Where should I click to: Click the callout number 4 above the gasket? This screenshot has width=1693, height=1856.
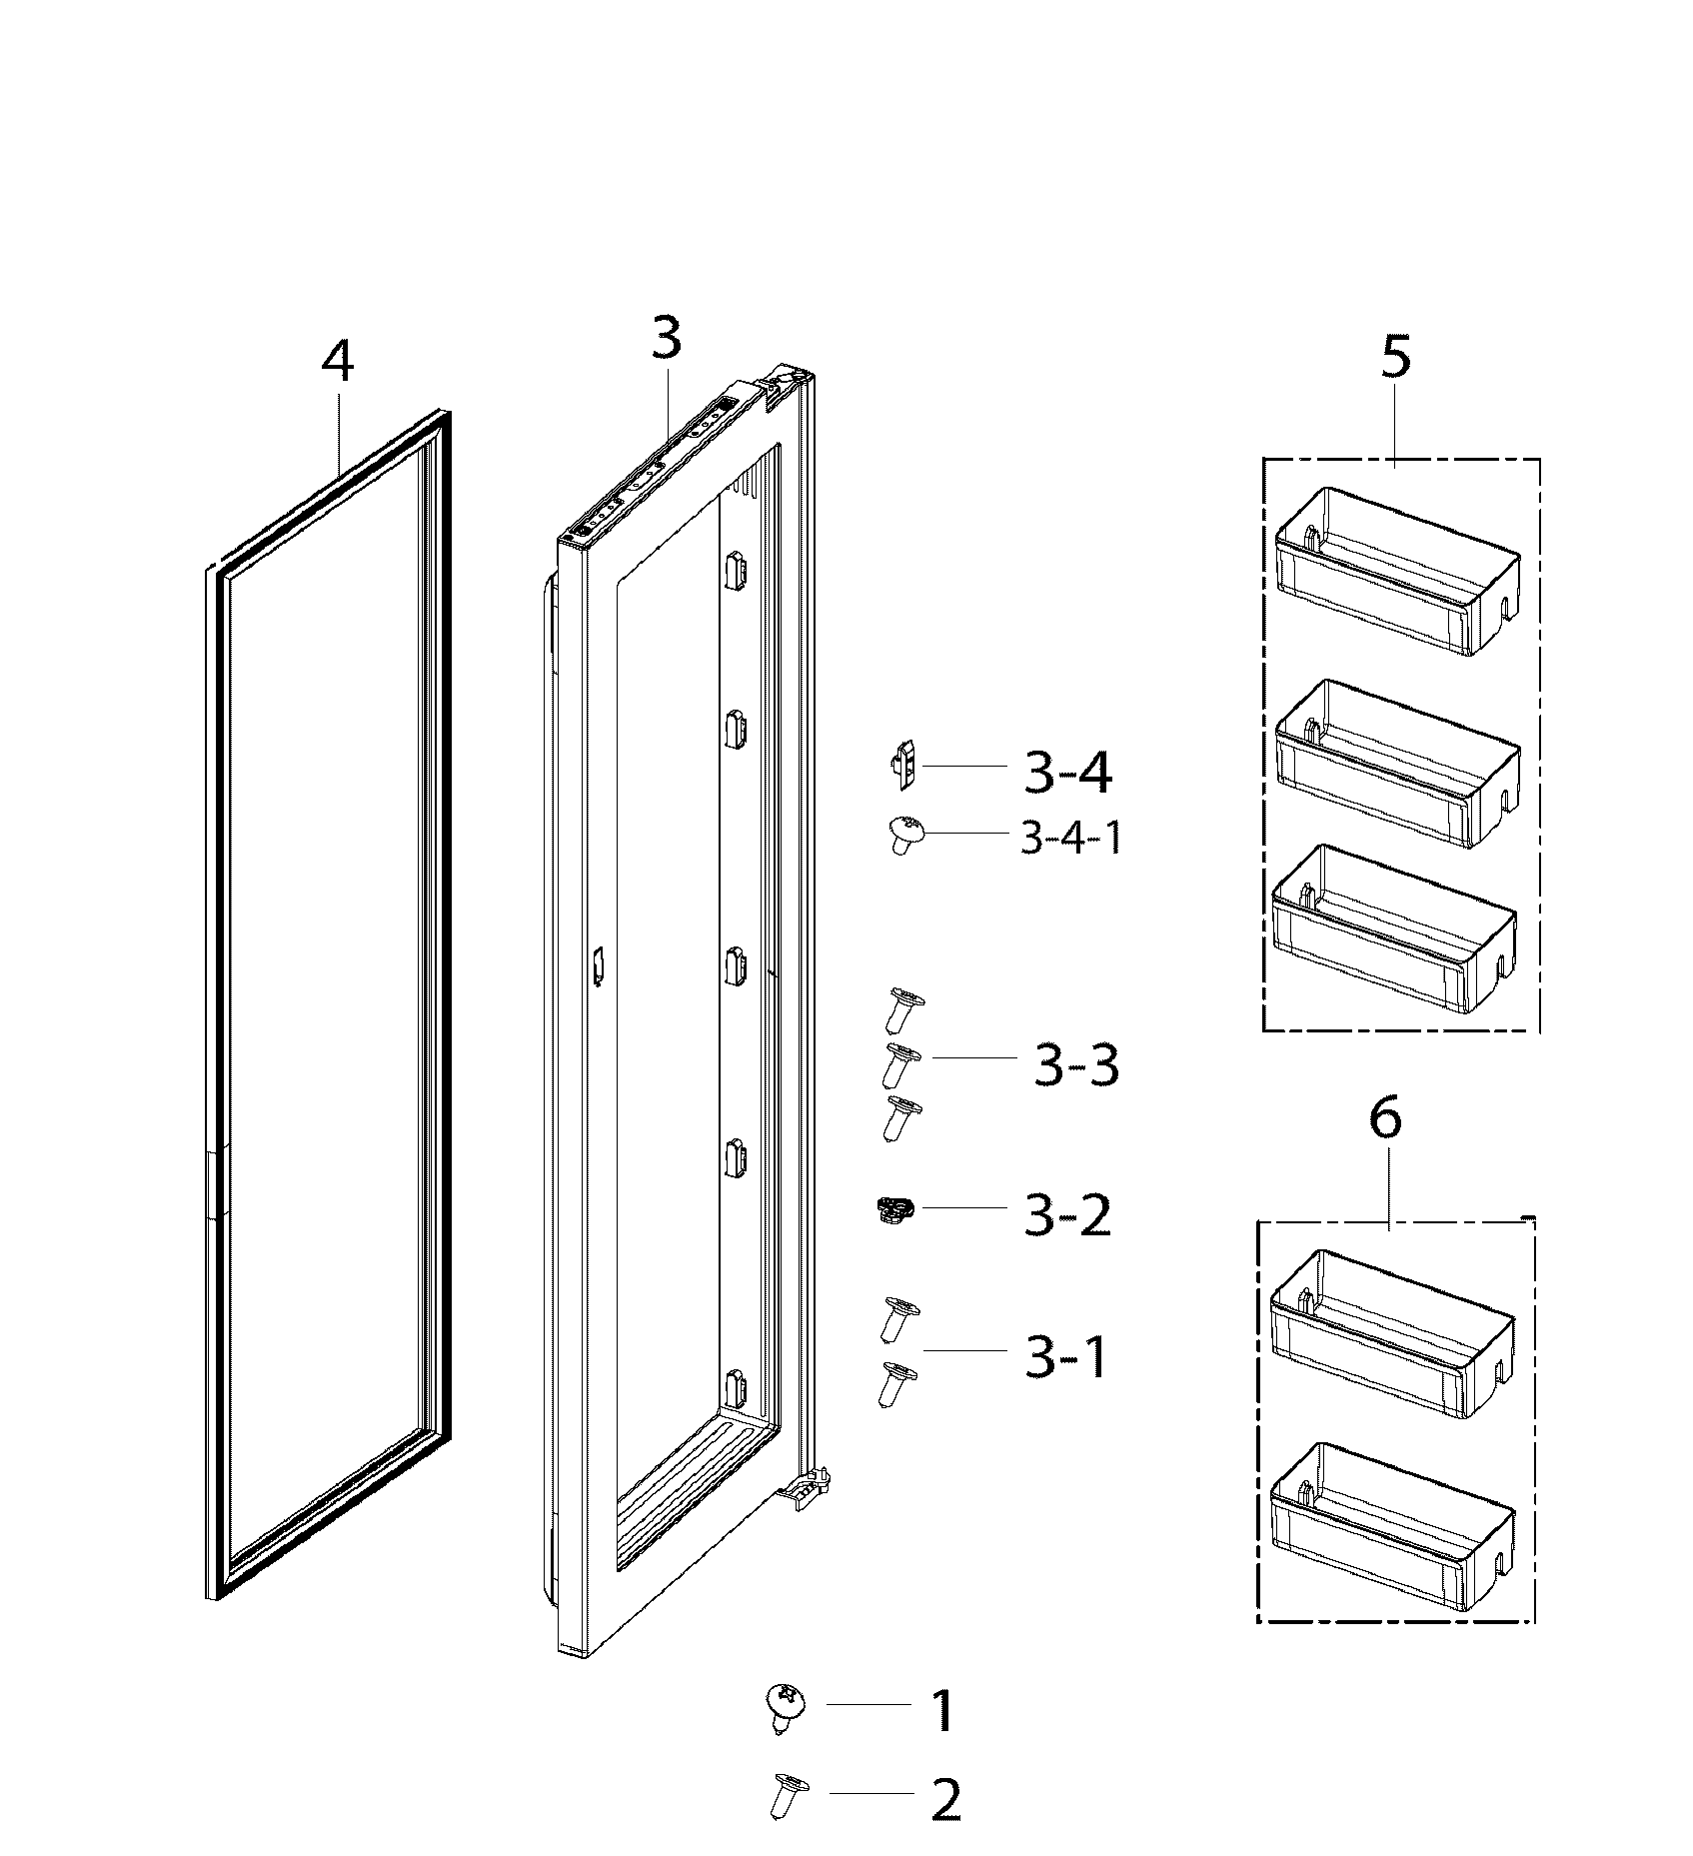[337, 362]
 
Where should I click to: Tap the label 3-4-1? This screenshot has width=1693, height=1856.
[1069, 839]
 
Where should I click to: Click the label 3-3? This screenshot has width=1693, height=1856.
[1075, 1066]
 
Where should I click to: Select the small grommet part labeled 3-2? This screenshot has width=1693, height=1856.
[889, 1210]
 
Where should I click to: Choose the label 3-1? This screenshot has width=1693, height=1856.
[1065, 1357]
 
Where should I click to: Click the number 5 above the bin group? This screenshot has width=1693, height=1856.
[1395, 357]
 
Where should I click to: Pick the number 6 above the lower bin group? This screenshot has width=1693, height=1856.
[1384, 1118]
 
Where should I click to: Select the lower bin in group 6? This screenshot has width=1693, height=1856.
[1390, 1518]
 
